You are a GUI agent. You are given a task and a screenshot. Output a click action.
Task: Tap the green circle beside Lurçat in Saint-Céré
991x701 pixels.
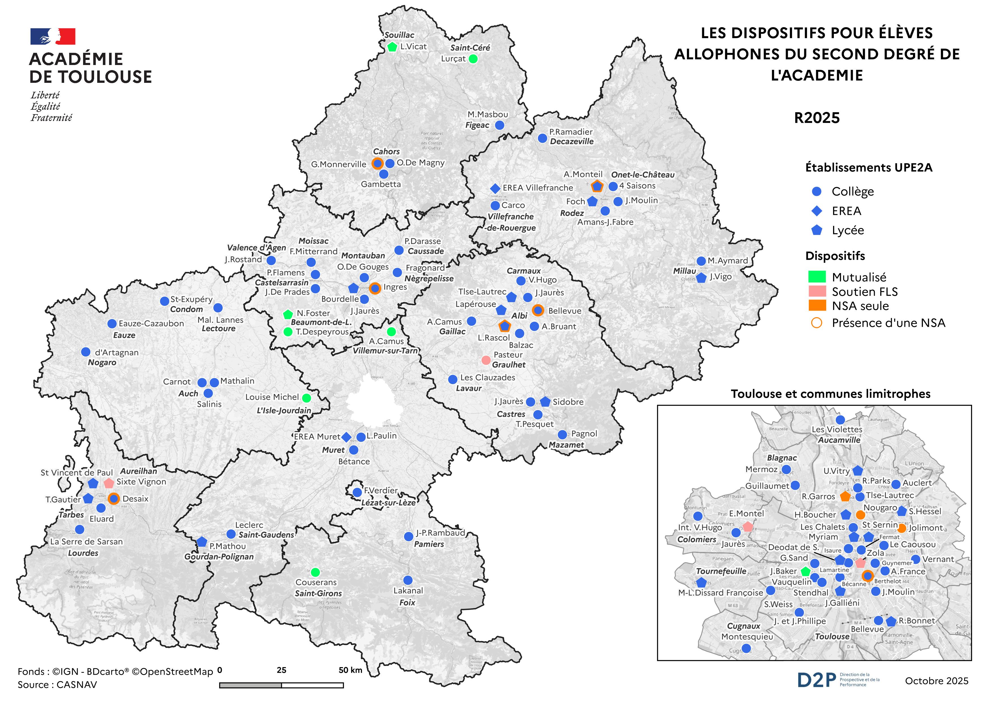click(473, 59)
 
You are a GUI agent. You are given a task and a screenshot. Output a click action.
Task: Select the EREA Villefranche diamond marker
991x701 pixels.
click(495, 188)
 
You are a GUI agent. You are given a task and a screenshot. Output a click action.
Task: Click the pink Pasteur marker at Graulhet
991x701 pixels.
click(485, 360)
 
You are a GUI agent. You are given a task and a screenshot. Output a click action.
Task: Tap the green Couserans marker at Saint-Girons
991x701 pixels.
click(315, 572)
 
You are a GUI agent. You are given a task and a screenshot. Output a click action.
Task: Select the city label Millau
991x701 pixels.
click(684, 271)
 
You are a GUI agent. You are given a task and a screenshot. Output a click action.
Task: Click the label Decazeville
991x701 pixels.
click(571, 142)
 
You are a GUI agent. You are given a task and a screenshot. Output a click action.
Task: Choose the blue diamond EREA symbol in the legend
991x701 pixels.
click(817, 211)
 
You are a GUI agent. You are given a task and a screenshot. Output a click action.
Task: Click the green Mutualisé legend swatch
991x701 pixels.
click(817, 277)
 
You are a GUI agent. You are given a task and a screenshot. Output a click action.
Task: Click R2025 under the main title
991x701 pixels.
click(817, 118)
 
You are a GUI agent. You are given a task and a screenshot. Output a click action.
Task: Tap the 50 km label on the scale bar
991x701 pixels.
click(350, 670)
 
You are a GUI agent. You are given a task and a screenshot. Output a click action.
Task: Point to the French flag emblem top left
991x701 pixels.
click(53, 37)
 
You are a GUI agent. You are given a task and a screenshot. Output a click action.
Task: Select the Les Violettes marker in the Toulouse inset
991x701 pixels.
click(840, 419)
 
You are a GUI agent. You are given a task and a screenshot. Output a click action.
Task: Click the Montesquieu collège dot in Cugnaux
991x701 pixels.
click(746, 648)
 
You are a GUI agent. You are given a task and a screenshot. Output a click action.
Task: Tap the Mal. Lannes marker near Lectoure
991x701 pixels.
click(218, 308)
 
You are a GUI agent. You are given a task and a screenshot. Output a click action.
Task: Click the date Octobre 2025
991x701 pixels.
click(937, 681)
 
